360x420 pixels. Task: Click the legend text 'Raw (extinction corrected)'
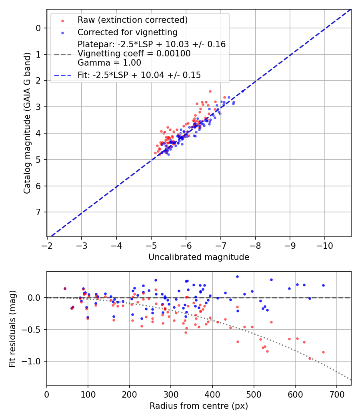[132, 20]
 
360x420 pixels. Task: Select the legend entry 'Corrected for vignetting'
[128, 32]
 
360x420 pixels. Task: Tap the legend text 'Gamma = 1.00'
[109, 62]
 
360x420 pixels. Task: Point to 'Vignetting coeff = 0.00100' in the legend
[134, 54]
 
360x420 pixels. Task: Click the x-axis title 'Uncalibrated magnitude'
[199, 257]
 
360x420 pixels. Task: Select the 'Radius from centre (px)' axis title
[199, 406]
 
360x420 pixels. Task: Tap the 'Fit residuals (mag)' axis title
[12, 329]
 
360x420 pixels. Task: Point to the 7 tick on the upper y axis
[38, 212]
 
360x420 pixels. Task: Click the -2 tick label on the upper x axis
[47, 244]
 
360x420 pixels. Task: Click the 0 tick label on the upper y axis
[38, 28]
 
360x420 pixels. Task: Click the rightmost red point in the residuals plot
[323, 352]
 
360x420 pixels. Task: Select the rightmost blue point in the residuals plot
[323, 285]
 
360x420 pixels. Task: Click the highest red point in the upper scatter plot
[210, 91]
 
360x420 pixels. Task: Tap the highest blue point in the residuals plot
[237, 276]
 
